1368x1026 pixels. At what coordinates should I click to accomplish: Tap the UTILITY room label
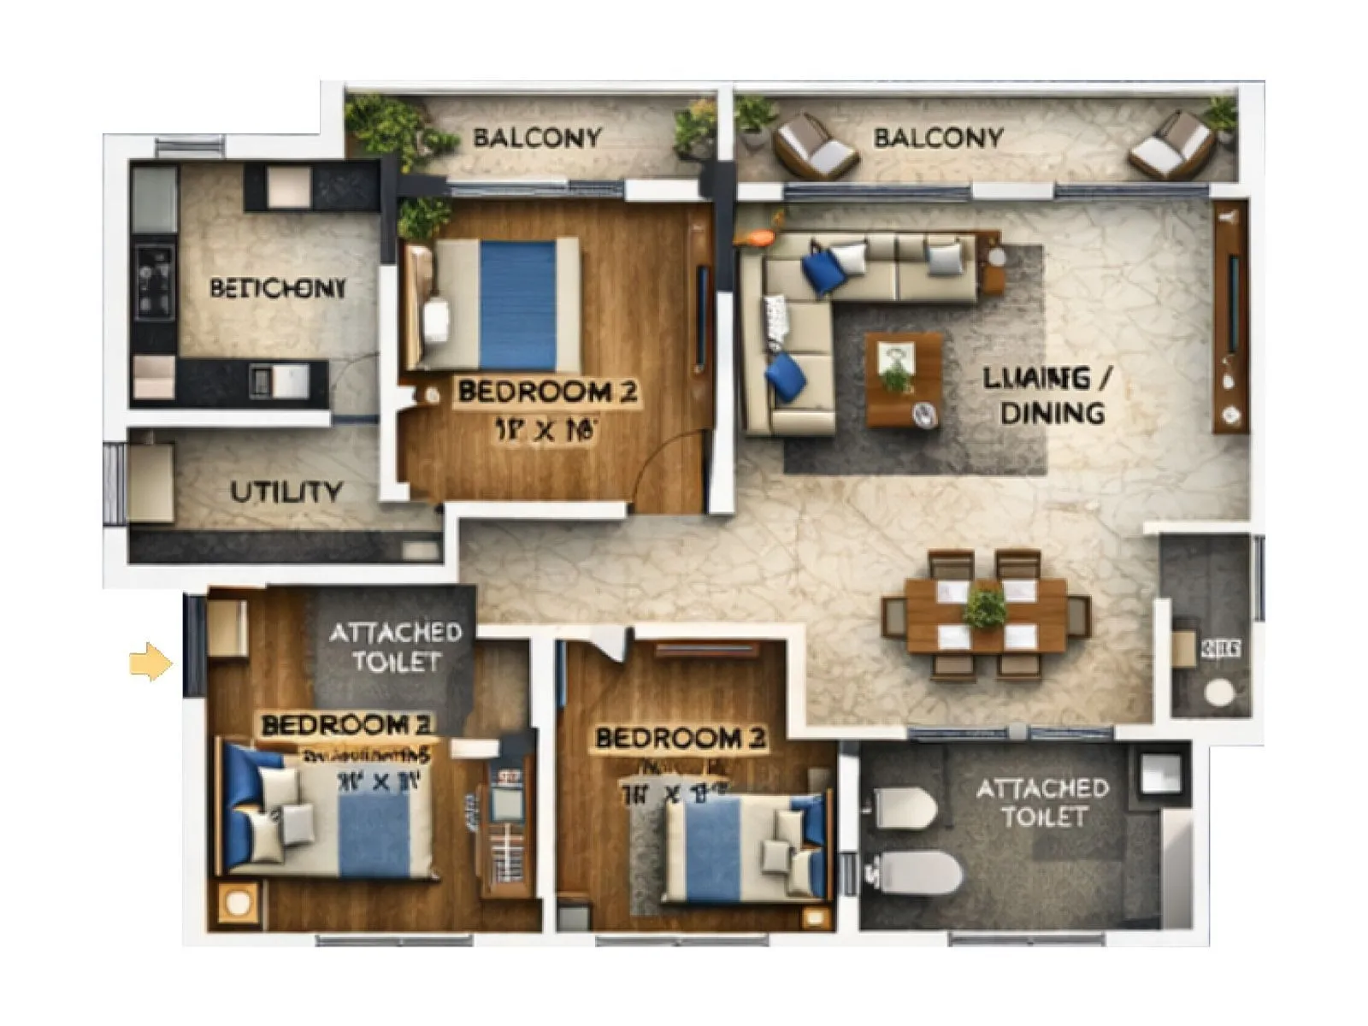[x=286, y=492]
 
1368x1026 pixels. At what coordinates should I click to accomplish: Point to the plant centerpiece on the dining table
[x=985, y=609]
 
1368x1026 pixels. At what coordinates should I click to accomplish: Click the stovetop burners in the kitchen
[x=155, y=281]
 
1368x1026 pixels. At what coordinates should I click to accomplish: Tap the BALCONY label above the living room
[x=938, y=138]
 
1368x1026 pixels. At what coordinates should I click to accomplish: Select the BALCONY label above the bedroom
[x=537, y=138]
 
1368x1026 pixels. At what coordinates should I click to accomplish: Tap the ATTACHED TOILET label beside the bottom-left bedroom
[x=395, y=647]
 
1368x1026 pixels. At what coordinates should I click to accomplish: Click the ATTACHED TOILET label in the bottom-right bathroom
[x=1042, y=802]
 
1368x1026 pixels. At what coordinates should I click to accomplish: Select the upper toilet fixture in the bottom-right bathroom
[x=904, y=807]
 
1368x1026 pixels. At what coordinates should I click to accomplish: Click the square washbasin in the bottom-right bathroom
[x=1160, y=775]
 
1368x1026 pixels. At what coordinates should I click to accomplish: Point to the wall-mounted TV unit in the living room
[x=1230, y=316]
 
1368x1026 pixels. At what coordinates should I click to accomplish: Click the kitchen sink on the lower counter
[x=280, y=380]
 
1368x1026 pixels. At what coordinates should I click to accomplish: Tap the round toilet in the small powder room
[x=1219, y=692]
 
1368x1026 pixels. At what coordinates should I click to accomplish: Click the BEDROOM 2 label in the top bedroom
[x=546, y=392]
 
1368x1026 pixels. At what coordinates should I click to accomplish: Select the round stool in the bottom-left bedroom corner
[x=239, y=903]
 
